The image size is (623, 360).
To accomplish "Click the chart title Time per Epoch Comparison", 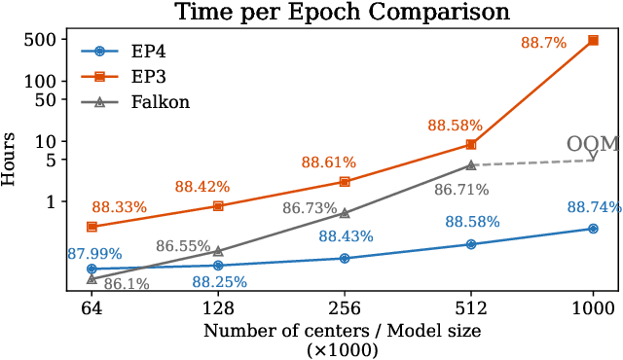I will click(343, 13).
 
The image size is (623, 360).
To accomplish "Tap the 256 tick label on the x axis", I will click(343, 307).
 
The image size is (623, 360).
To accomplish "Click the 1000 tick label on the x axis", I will click(594, 307).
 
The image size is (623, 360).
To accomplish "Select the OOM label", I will click(594, 144).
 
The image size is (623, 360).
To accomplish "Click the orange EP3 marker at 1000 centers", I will click(594, 40).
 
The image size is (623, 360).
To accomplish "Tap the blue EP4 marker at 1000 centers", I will click(594, 229).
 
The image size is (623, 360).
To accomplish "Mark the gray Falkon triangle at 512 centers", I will click(471, 165).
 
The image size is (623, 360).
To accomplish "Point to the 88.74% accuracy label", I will click(594, 206).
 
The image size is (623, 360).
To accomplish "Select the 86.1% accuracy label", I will click(126, 284).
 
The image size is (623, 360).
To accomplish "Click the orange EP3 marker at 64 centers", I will click(92, 226).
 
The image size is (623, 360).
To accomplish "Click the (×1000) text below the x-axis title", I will click(343, 349).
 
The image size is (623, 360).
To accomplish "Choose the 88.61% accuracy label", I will click(328, 162).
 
